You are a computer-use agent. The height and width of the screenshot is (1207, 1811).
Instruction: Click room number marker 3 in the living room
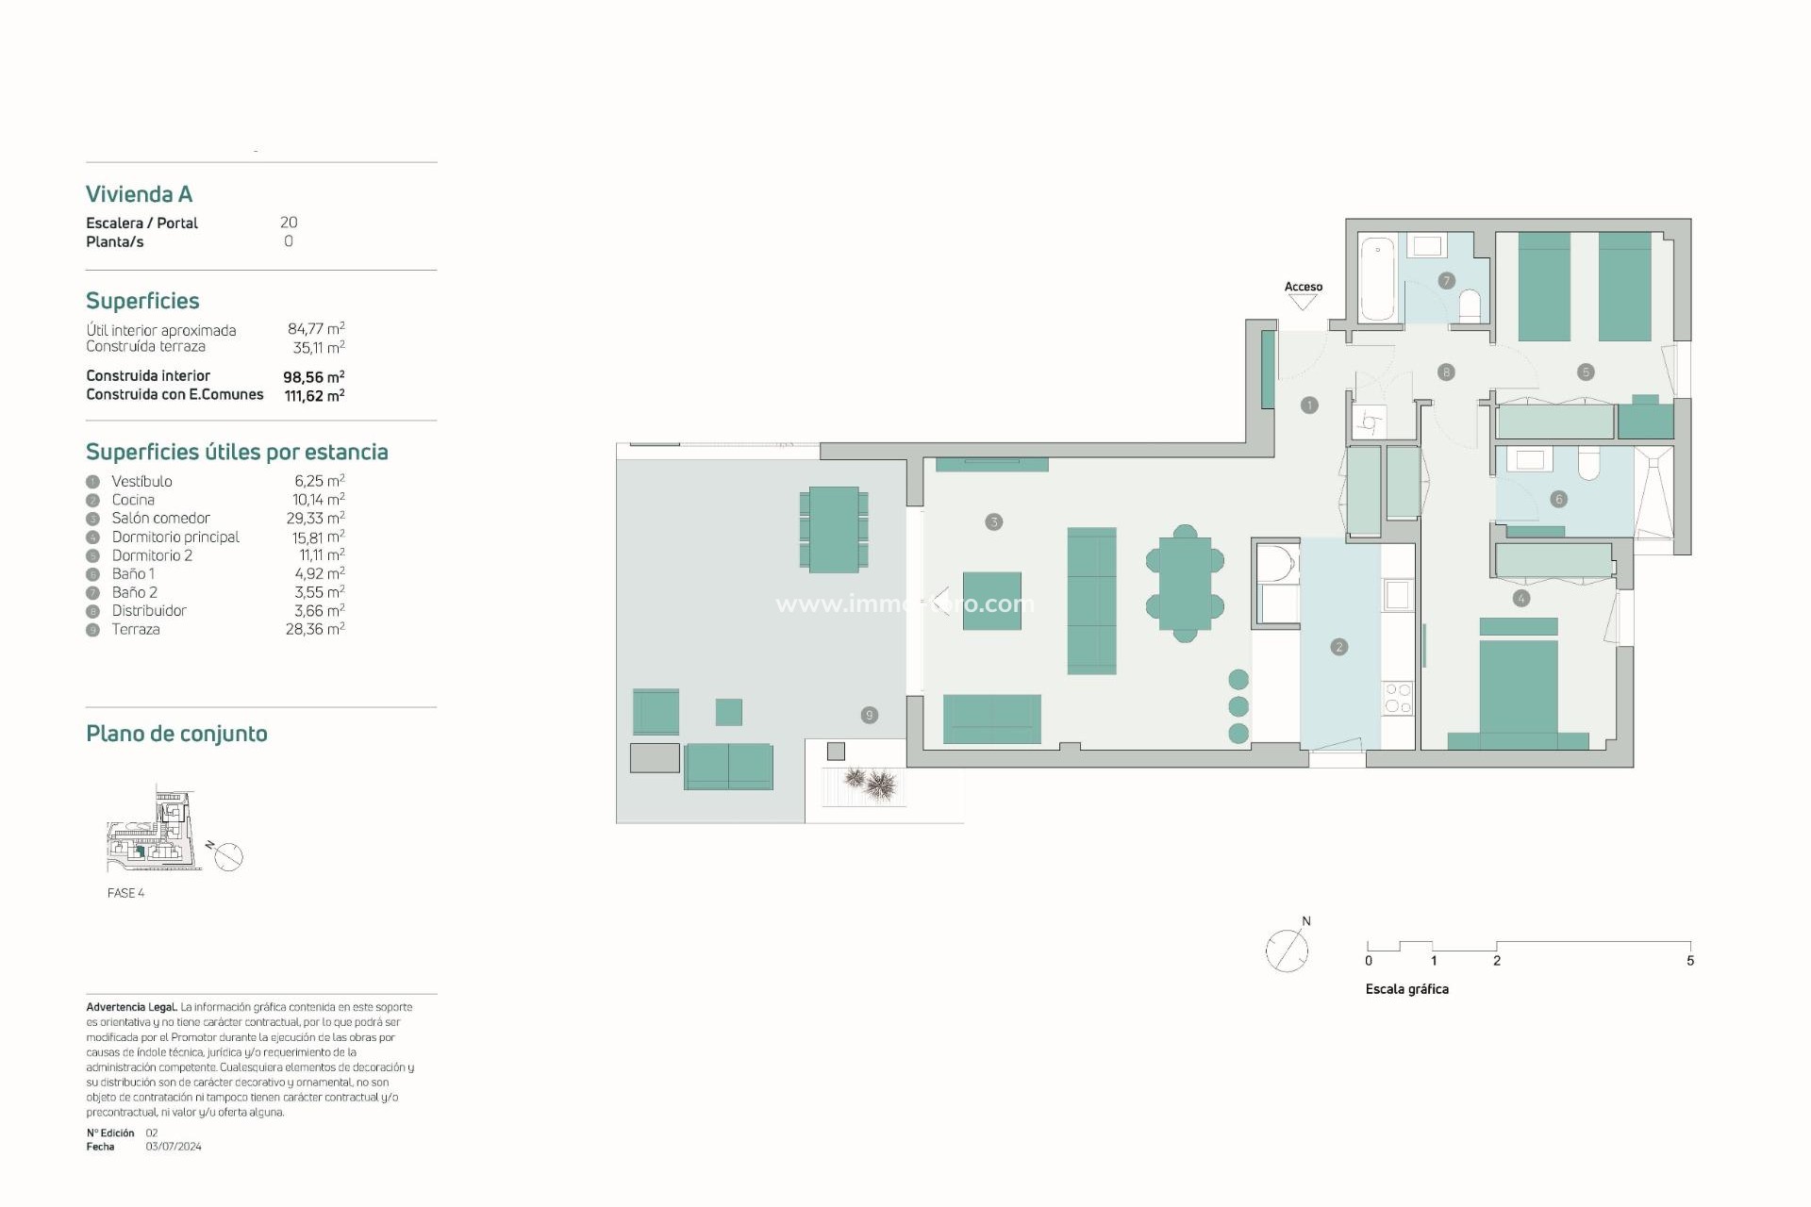point(993,521)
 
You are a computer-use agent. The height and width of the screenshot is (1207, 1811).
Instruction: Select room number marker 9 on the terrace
point(869,715)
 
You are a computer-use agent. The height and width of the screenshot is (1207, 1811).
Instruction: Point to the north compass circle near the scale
point(1287,951)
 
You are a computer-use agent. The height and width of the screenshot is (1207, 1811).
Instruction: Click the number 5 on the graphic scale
point(1690,961)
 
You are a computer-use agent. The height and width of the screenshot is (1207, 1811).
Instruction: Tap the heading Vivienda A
point(139,194)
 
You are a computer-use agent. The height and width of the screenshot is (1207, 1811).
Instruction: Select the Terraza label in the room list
point(136,629)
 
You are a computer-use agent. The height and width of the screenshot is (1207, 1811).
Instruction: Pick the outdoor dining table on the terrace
point(834,529)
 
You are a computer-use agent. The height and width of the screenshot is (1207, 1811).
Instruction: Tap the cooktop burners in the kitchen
point(1398,699)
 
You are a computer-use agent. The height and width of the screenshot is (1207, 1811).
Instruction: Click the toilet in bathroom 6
point(1589,463)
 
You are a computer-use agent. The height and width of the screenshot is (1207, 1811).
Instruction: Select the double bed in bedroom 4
point(1518,687)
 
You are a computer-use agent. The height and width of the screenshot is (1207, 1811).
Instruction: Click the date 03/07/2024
point(174,1147)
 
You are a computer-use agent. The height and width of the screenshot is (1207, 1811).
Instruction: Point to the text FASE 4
point(125,893)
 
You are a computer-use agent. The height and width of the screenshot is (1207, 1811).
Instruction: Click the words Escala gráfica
point(1406,989)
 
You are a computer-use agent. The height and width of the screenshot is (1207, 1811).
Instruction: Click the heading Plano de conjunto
point(176,734)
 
